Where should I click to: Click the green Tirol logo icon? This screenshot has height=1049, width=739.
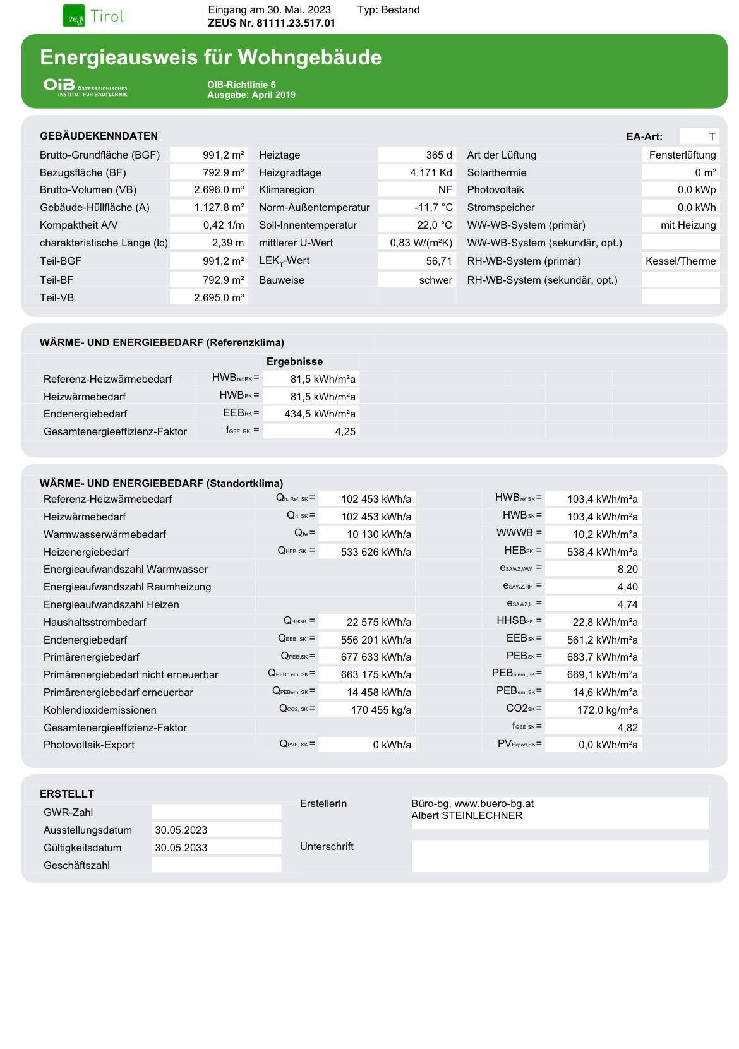(74, 16)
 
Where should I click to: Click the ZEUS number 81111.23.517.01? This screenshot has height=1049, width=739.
(272, 23)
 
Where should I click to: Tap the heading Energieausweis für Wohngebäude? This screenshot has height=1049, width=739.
(210, 57)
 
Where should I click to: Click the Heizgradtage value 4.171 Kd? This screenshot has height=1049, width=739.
(431, 172)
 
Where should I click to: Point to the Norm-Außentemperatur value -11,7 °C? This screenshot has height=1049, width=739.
(434, 207)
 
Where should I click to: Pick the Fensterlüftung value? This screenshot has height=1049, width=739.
(682, 155)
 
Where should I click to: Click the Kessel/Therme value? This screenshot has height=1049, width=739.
(680, 261)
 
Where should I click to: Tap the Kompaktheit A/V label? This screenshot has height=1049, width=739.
(79, 225)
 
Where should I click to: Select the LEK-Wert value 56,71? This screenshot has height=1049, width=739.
(439, 261)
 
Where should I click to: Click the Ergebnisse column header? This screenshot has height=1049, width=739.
(294, 361)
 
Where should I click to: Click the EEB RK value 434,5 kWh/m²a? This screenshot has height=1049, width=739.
(323, 414)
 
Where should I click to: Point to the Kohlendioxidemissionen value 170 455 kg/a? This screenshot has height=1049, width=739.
(381, 710)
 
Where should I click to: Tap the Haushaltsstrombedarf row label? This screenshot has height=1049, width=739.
(95, 622)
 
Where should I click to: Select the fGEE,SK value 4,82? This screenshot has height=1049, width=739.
(627, 728)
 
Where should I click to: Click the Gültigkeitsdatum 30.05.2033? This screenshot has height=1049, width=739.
(181, 848)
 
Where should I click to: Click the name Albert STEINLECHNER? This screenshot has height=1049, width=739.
(467, 815)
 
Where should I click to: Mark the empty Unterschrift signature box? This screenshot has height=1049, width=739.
(560, 856)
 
